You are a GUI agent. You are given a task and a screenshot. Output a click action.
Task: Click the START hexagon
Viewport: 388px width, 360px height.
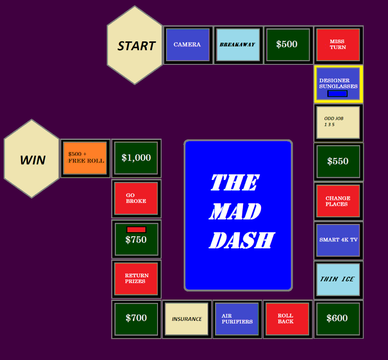pos(135,45)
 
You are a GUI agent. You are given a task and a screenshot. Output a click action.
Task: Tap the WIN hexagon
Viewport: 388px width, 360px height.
pos(32,159)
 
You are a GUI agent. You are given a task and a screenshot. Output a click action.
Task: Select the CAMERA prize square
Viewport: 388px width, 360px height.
pos(188,45)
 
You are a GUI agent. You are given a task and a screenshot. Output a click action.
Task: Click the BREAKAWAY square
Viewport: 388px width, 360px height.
pos(238,45)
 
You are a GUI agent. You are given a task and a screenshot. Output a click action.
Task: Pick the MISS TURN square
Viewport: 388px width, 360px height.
pos(338,45)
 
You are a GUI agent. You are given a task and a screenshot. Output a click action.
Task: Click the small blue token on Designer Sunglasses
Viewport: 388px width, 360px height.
pos(337,94)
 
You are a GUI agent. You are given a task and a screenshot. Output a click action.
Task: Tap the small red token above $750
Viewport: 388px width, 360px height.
pos(136,229)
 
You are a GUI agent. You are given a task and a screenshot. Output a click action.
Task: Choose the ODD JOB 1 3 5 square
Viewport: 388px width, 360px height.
pos(338,122)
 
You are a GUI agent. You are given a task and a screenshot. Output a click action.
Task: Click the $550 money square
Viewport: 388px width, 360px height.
pos(338,162)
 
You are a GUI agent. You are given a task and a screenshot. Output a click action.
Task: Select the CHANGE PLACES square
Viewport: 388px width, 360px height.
pos(338,201)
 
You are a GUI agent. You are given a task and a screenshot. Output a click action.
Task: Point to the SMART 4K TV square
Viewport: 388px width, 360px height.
pos(338,240)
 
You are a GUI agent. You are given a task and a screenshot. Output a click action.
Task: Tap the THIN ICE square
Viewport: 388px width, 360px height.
pos(338,279)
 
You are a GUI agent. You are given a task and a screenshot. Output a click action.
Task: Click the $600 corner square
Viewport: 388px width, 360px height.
pos(338,319)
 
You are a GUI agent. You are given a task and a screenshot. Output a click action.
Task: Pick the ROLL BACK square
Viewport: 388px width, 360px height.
pos(287,319)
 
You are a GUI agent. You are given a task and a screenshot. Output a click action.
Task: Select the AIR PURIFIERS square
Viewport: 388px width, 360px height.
pos(237,319)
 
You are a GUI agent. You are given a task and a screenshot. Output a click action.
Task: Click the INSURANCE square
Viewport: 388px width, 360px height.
pos(187,319)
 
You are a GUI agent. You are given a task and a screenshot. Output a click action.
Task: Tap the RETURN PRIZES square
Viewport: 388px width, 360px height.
pos(136,279)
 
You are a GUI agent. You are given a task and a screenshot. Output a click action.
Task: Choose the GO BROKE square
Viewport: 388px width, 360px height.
pos(136,198)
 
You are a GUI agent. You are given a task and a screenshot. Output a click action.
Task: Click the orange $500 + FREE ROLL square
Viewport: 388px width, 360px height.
pos(85,158)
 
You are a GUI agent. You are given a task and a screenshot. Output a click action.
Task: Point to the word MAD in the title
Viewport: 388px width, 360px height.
pos(235,211)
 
